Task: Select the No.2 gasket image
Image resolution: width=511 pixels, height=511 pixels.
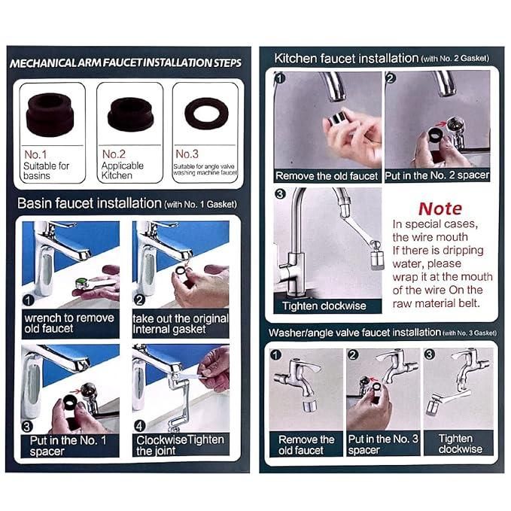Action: tap(130, 113)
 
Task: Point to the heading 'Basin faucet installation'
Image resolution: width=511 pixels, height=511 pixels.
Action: tap(89, 203)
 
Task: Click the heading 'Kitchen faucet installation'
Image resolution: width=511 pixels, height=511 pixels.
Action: tap(345, 58)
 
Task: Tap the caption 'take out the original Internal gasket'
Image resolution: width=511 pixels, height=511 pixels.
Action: tap(181, 323)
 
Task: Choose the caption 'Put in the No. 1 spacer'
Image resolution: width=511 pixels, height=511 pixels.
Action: tap(68, 445)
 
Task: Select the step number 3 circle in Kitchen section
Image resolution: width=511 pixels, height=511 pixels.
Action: tap(280, 194)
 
